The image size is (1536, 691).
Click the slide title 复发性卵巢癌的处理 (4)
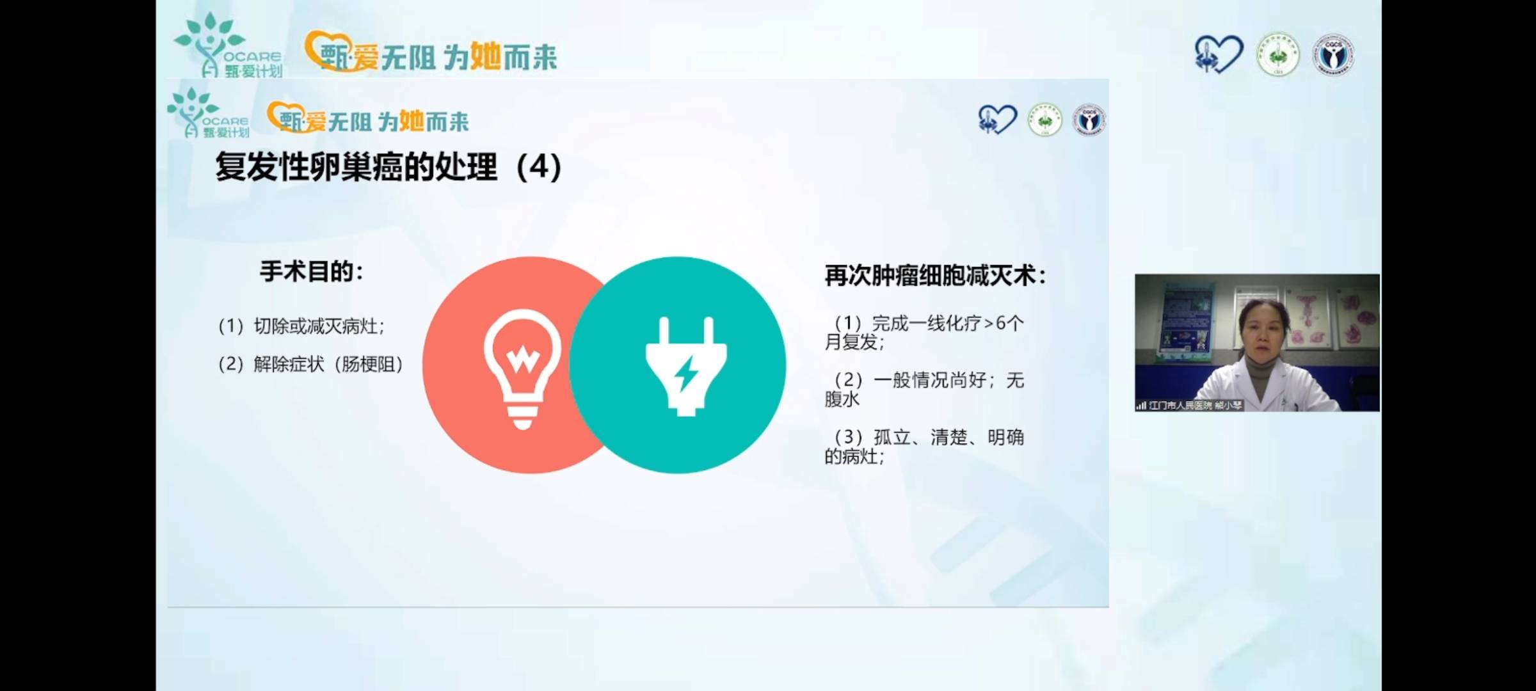[388, 167]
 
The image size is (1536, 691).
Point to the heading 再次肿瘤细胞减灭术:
[935, 276]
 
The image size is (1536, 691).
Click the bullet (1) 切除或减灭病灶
[301, 326]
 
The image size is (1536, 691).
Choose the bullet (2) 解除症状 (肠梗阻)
[311, 365]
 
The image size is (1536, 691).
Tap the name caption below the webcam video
[1190, 406]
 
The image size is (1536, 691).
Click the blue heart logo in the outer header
[1218, 54]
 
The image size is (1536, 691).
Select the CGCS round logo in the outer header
[1333, 55]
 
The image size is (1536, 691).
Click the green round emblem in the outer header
[1277, 55]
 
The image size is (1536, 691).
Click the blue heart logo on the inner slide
[996, 120]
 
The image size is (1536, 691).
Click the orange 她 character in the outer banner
[485, 56]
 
